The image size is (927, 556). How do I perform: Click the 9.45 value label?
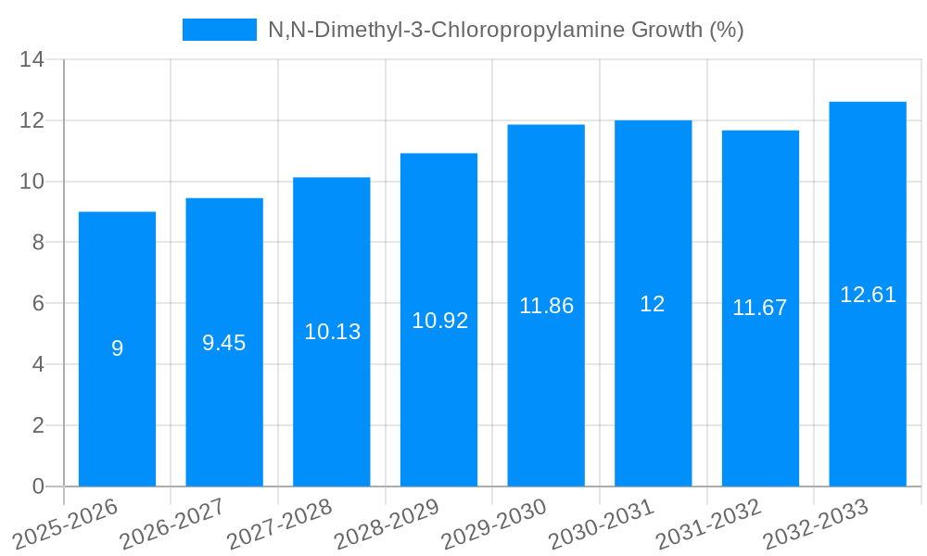click(224, 343)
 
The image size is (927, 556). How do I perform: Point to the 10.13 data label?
click(332, 332)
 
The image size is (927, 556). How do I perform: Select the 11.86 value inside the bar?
click(546, 306)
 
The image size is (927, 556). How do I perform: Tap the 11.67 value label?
click(760, 309)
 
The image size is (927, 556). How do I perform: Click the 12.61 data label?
click(868, 295)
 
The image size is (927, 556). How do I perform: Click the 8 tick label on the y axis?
click(38, 243)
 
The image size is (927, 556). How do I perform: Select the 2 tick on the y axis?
click(38, 425)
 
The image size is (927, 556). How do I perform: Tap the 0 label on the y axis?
click(38, 486)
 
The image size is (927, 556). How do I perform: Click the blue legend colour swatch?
click(219, 30)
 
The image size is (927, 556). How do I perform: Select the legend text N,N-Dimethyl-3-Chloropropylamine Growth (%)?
click(506, 30)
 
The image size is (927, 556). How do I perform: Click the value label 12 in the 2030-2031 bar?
click(653, 304)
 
